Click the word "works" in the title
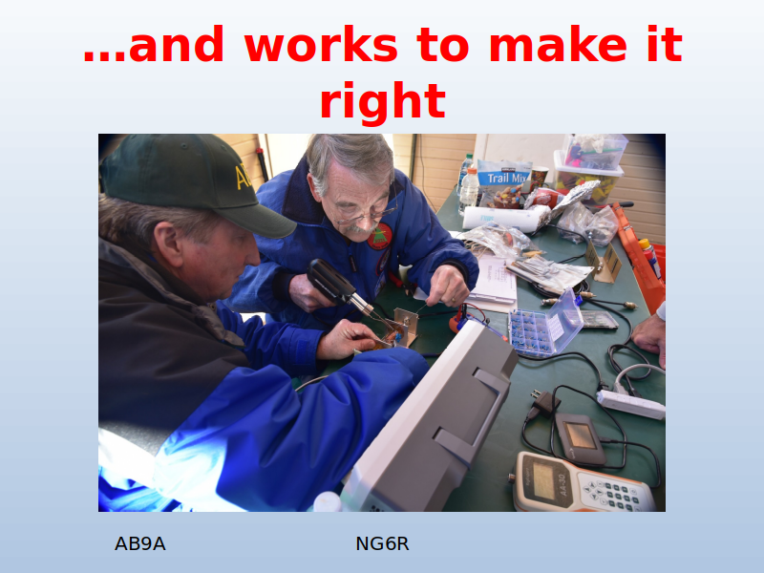click(x=321, y=45)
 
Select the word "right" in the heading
click(x=383, y=100)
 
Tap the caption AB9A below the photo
click(x=140, y=543)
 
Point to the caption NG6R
click(x=383, y=543)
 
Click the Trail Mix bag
click(x=503, y=182)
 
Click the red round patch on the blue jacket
click(x=379, y=237)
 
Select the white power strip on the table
click(x=631, y=404)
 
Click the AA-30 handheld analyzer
click(x=583, y=482)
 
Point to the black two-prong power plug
click(x=544, y=402)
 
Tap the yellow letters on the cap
click(x=244, y=177)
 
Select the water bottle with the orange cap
click(x=470, y=190)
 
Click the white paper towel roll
click(x=505, y=219)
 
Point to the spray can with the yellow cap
click(x=650, y=257)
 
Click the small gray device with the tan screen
click(x=581, y=438)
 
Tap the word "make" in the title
click(x=558, y=45)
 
